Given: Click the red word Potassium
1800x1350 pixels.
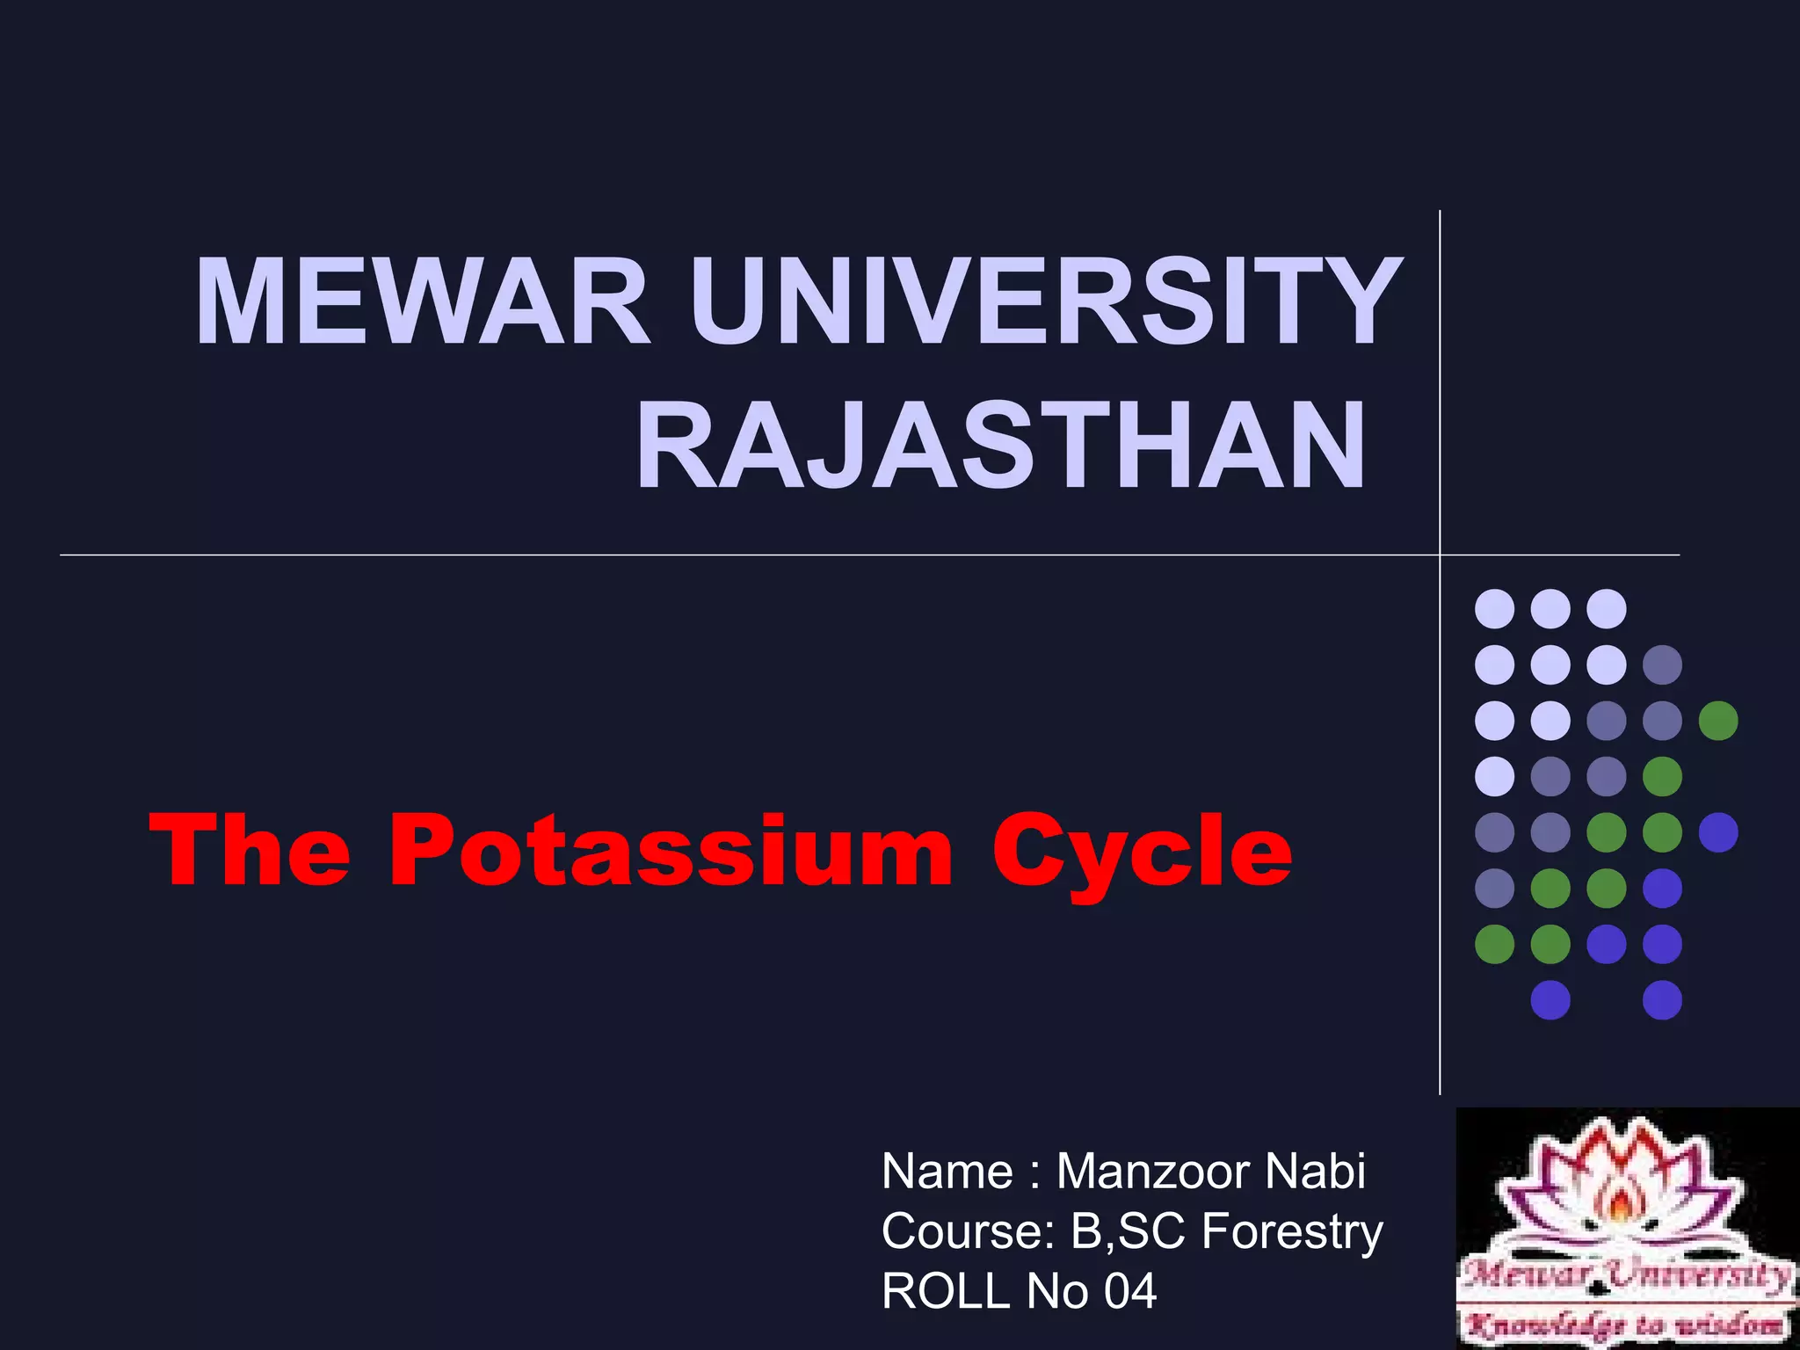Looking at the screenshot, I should (x=671, y=851).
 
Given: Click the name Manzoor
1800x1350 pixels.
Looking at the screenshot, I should (x=1151, y=1172).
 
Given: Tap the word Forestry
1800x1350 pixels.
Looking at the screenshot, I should (x=1292, y=1230).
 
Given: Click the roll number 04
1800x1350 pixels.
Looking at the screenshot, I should (x=1130, y=1290).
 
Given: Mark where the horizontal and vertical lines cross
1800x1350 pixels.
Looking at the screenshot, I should (x=1440, y=555).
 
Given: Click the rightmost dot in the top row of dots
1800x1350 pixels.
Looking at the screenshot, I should (x=1607, y=609).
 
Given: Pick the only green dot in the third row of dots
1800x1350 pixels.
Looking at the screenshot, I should (x=1718, y=722).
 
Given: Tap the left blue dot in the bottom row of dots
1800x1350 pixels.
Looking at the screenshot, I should (x=1550, y=1000).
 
